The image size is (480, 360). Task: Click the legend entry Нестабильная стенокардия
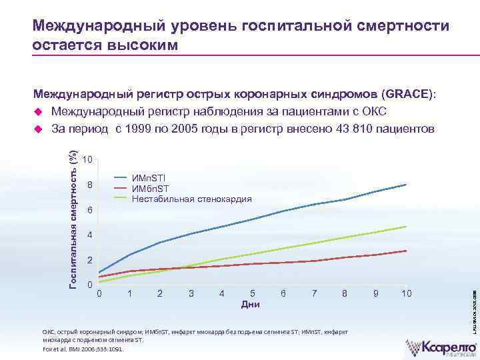(192, 199)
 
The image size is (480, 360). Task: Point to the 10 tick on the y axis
(88, 160)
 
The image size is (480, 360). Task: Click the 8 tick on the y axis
(91, 185)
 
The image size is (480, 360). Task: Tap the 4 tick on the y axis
(91, 236)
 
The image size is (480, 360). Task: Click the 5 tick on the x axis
(252, 293)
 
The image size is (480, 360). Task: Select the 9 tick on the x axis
(375, 293)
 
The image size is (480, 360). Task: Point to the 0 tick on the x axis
(99, 293)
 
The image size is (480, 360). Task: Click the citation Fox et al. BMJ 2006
(79, 348)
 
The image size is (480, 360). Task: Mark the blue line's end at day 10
(406, 184)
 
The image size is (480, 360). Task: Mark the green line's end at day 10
(406, 227)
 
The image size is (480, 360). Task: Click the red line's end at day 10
(406, 251)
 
